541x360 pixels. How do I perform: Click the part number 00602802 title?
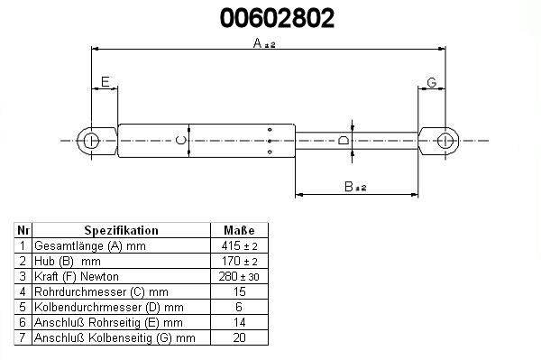point(277,18)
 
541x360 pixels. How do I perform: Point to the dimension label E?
point(105,82)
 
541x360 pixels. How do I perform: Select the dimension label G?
point(432,82)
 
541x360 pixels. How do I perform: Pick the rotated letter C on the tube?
point(181,141)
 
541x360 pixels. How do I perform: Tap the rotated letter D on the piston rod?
point(344,141)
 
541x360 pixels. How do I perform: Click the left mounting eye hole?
point(91,141)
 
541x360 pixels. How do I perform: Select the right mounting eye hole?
point(445,141)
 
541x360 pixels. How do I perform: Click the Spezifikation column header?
point(121,231)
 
